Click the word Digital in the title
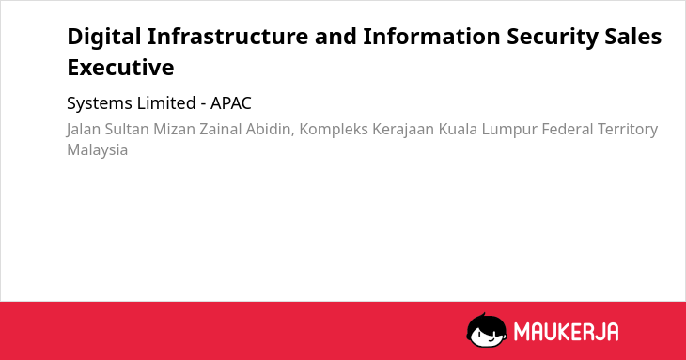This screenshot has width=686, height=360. coord(104,38)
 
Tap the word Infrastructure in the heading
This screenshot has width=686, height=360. coord(228,37)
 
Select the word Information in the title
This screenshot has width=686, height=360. coord(431,37)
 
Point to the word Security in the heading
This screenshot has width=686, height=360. coord(553,38)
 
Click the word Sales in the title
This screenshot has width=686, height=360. coord(633,37)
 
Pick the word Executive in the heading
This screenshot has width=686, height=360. coord(120,68)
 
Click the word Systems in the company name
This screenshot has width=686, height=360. coord(100,103)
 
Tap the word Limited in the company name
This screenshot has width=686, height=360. coord(166,103)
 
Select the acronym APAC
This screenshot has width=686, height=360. coord(231,103)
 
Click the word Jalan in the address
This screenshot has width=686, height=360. coord(84,130)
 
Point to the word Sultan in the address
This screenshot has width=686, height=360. coord(127,129)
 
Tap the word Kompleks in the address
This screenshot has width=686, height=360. coord(334,130)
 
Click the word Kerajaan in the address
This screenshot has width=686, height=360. coord(403,130)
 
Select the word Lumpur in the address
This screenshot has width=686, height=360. coord(507,130)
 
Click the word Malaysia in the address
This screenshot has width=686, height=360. coord(97,150)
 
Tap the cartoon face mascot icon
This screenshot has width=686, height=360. coord(487,330)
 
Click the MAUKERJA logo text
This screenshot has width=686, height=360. coord(566,331)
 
